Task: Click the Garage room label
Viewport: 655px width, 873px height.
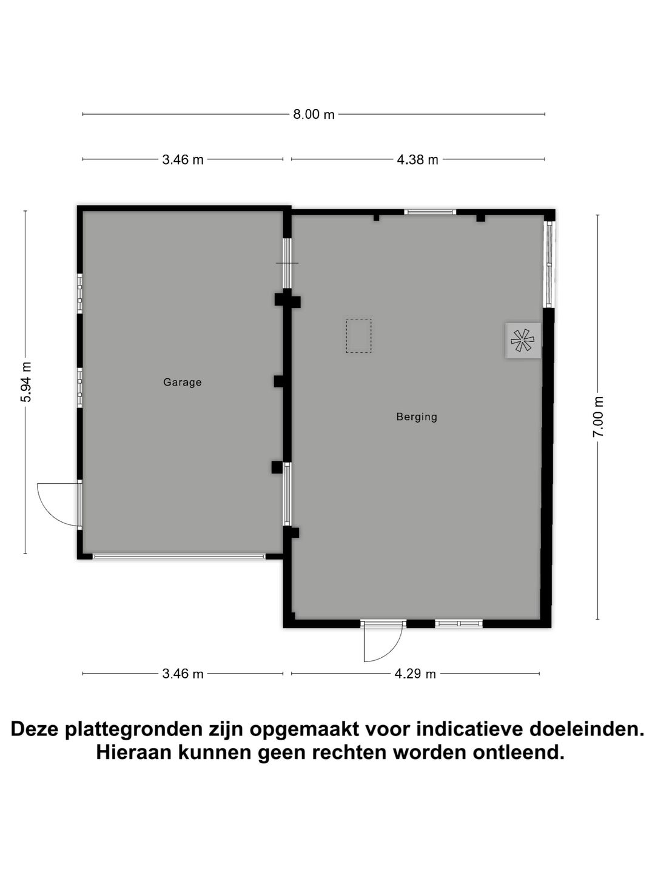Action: click(182, 383)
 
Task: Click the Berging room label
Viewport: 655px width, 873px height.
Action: click(417, 417)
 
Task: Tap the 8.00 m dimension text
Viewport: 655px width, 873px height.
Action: click(314, 114)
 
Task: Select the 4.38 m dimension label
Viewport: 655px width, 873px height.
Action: click(417, 160)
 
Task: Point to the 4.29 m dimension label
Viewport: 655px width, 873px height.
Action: click(415, 674)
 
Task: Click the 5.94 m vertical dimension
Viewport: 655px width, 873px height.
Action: click(25, 382)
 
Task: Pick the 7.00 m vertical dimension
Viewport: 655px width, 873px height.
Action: click(599, 416)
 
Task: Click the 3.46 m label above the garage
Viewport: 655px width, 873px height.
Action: click(183, 160)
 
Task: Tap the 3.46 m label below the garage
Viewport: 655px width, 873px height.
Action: click(183, 674)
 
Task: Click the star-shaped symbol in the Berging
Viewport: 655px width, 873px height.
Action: click(523, 341)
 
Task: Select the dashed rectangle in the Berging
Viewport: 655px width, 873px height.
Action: click(358, 336)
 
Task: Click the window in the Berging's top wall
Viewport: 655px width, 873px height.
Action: click(430, 212)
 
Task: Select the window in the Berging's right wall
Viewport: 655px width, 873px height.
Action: click(549, 264)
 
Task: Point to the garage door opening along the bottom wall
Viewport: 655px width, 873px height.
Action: click(179, 556)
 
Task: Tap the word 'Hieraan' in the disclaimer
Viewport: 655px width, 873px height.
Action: click(133, 753)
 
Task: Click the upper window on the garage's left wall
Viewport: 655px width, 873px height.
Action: click(79, 293)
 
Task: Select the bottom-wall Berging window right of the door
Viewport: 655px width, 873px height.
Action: click(458, 623)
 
